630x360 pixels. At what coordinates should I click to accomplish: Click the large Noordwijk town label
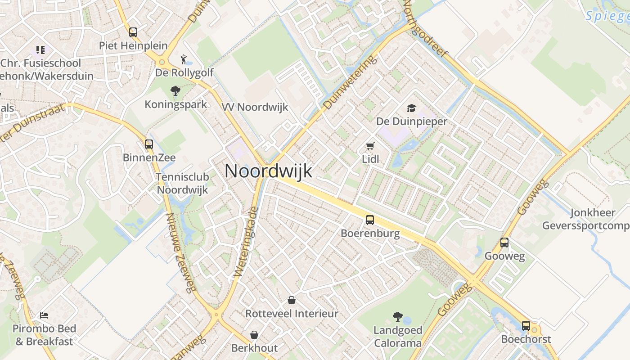[268, 171]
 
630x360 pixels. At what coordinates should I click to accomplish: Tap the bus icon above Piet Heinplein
[133, 32]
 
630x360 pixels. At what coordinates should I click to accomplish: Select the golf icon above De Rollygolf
[184, 59]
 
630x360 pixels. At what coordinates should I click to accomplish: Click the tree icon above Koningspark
[175, 91]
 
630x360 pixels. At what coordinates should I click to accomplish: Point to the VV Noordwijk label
[255, 107]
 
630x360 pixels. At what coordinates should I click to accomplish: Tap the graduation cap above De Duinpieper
[411, 108]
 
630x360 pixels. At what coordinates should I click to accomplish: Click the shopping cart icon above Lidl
[370, 146]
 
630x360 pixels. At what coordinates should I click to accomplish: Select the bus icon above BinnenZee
[149, 144]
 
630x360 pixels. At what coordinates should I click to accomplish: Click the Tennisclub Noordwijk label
[182, 183]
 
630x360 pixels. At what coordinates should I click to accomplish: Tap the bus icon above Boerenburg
[370, 220]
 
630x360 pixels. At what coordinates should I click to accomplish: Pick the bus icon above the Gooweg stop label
[504, 243]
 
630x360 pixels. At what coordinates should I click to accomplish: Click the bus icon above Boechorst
[526, 326]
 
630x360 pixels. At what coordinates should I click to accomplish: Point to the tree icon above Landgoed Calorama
[397, 317]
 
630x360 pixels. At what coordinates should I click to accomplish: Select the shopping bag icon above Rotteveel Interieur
[292, 300]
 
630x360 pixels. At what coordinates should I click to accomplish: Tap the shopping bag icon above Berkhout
[254, 335]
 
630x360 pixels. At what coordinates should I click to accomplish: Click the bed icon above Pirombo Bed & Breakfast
[44, 315]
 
